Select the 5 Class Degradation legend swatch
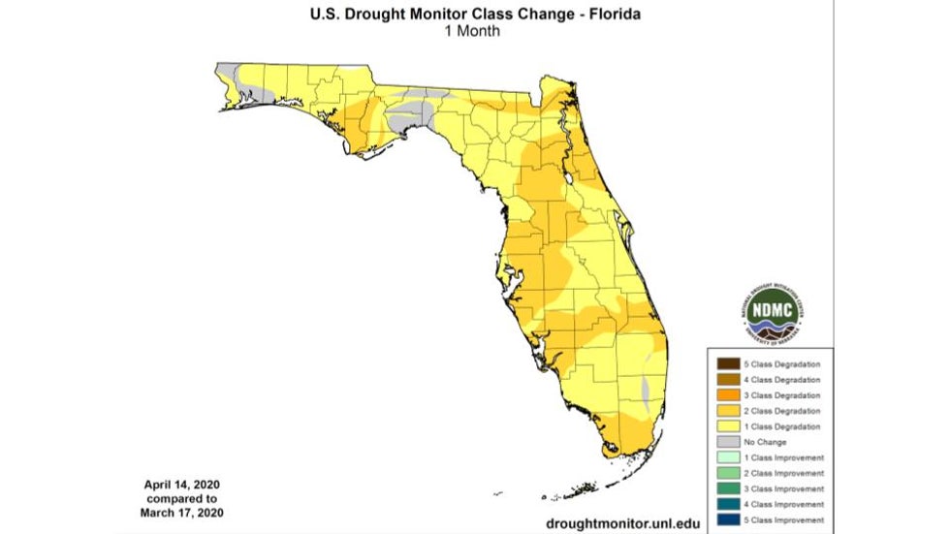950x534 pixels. coord(728,363)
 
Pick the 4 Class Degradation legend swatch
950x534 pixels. coord(728,379)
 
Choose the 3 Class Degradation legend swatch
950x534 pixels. coord(728,394)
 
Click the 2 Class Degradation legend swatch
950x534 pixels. coord(728,410)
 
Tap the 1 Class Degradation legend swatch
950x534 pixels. coord(728,425)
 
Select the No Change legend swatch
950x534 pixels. coord(728,441)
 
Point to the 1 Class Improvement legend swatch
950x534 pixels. coord(728,456)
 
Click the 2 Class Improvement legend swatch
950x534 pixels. coord(728,472)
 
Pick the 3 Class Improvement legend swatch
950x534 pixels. coord(728,487)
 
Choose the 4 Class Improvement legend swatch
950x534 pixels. coord(728,503)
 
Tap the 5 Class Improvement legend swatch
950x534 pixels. coord(728,518)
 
